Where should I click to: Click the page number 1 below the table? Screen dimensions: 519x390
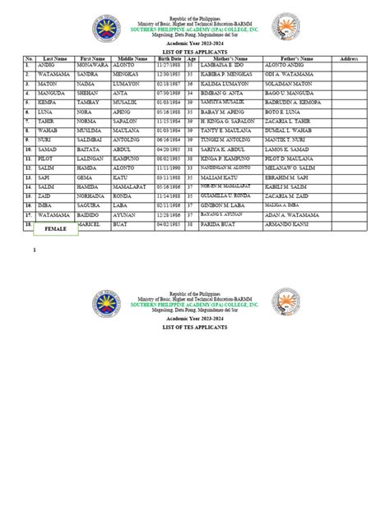34,248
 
